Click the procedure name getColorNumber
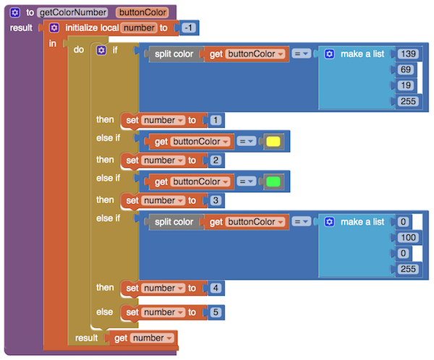[x=73, y=12]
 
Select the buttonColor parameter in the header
[x=142, y=12]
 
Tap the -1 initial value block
[x=189, y=27]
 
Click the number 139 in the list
[x=408, y=53]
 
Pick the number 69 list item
[x=406, y=69]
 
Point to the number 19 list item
[x=406, y=85]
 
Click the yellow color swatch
[x=273, y=142]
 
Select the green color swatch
[x=273, y=181]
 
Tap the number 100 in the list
[x=408, y=237]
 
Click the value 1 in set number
[x=216, y=120]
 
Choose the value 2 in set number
[x=216, y=160]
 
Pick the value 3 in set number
[x=216, y=200]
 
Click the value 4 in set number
[x=216, y=288]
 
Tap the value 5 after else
[x=216, y=312]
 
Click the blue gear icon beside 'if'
[x=101, y=51]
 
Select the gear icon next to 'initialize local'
[x=54, y=27]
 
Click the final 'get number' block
[x=142, y=338]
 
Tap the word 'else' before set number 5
[x=105, y=312]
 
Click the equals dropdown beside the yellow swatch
[x=247, y=142]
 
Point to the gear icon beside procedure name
[x=14, y=12]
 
